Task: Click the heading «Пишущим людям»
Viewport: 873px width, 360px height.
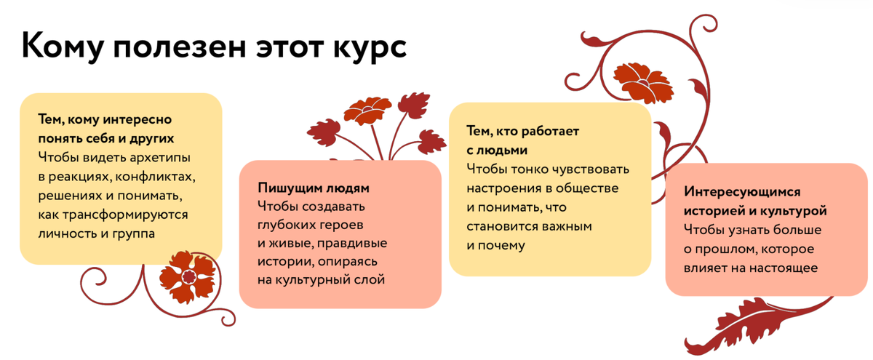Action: click(x=314, y=188)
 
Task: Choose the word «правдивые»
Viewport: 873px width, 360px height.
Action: click(x=348, y=242)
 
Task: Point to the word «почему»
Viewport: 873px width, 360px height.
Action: click(x=502, y=245)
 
